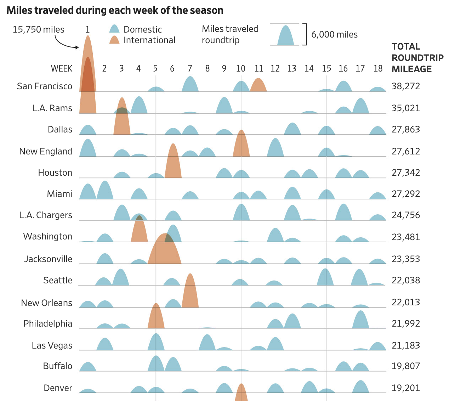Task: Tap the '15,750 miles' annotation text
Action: point(38,29)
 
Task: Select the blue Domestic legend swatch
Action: point(114,29)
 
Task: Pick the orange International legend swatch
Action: point(114,40)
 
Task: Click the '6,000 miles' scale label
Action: point(334,35)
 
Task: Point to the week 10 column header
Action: point(241,68)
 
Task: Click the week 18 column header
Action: point(378,68)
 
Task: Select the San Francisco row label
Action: point(45,86)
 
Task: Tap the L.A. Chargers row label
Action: point(46,215)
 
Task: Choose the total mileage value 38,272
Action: point(406,86)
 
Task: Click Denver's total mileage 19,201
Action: point(406,388)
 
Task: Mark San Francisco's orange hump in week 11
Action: point(258,85)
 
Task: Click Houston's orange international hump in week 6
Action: point(173,162)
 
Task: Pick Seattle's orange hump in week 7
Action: point(190,292)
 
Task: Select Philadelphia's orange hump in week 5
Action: point(156,317)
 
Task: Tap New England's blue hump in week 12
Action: point(275,148)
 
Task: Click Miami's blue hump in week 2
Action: point(105,191)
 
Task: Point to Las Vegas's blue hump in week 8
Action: point(207,343)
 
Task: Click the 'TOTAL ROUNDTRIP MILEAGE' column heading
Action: point(417,58)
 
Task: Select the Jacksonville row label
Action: point(48,259)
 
